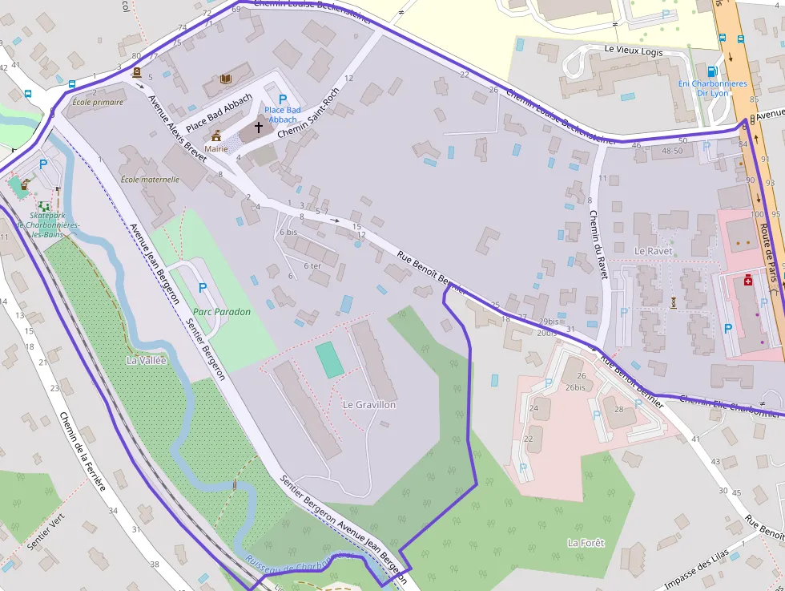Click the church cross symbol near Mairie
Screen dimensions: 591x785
(x=259, y=127)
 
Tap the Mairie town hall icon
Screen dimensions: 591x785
(x=216, y=136)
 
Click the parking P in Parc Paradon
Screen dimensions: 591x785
(x=202, y=287)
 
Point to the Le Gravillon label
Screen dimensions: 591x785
(x=369, y=405)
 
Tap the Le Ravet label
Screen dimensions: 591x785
(x=651, y=251)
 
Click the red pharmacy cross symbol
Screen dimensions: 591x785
(x=747, y=280)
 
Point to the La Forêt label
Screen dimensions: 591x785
(x=586, y=543)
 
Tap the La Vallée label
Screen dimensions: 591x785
(x=146, y=361)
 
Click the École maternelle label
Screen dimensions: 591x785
(x=150, y=180)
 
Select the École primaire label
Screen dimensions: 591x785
(x=99, y=102)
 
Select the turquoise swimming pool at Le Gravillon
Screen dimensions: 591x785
(x=329, y=360)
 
